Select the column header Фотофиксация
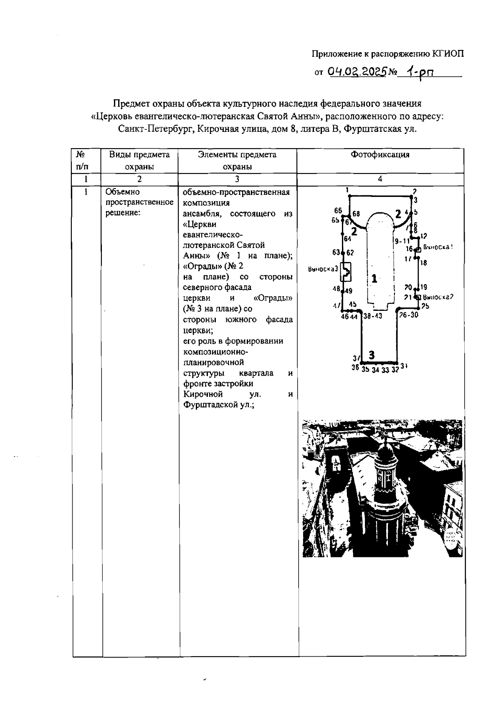tap(380, 155)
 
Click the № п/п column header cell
tap(82, 161)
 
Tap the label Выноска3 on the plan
tap(322, 269)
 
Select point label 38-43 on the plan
tap(373, 316)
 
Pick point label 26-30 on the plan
tap(408, 315)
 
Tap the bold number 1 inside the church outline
tap(374, 278)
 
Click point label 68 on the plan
tap(356, 214)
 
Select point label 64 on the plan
tap(347, 239)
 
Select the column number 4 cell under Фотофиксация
tap(380, 179)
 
